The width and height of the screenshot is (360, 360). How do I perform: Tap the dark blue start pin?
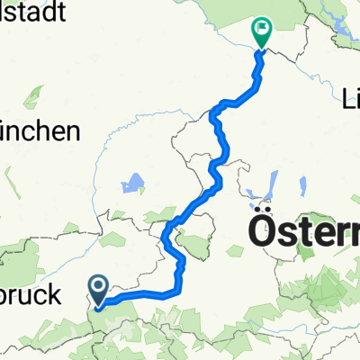pos(98,290)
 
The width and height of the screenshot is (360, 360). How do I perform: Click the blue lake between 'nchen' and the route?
pos(133,185)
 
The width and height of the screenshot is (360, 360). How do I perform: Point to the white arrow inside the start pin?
pos(98,288)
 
